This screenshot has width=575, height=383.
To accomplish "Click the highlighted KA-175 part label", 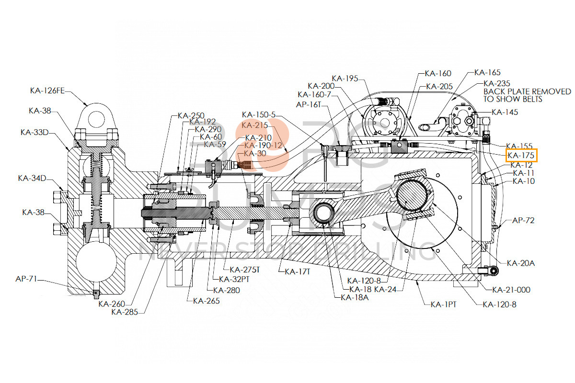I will (x=521, y=156).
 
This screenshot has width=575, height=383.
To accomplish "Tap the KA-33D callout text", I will (x=37, y=132).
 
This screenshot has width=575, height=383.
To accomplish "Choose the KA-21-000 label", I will (x=511, y=290).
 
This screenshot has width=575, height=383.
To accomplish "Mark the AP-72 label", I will (x=523, y=221).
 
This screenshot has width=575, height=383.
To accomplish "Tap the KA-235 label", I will (x=497, y=83).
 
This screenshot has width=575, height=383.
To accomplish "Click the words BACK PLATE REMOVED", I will (x=527, y=91).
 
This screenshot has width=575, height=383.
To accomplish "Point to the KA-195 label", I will (x=345, y=78).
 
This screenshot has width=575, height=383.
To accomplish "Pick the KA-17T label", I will (x=298, y=271).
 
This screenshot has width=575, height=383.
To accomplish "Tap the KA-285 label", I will (x=125, y=312).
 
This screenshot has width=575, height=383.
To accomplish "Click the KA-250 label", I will (x=191, y=115).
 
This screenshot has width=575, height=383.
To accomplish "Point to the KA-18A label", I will (x=355, y=297).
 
